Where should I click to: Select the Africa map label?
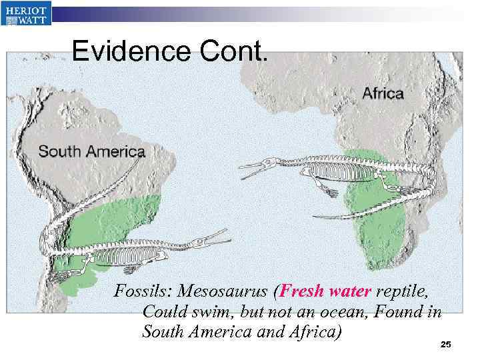(383, 93)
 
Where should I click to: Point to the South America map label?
(91, 151)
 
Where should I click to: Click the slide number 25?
(446, 344)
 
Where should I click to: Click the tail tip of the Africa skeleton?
(317, 216)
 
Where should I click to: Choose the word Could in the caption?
(164, 311)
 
